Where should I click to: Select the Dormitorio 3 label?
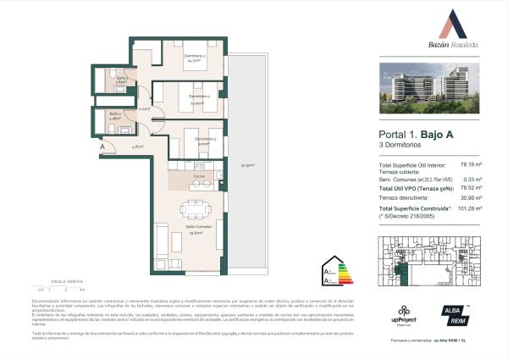tap(206, 140)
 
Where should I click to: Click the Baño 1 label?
tap(122, 79)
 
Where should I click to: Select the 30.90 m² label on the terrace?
tap(246, 165)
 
